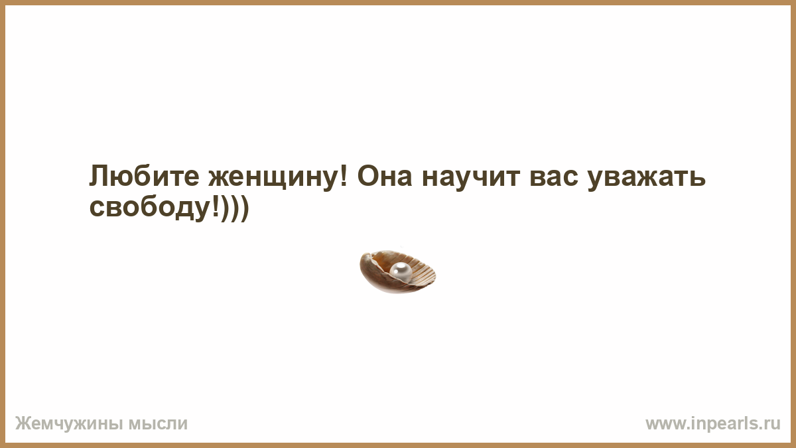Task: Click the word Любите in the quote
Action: pyautogui.click(x=144, y=177)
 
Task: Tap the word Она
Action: pyautogui.click(x=385, y=177)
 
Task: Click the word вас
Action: pyautogui.click(x=553, y=179)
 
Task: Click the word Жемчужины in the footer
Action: pyautogui.click(x=69, y=424)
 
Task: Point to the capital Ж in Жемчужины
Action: pyautogui.click(x=23, y=424)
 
